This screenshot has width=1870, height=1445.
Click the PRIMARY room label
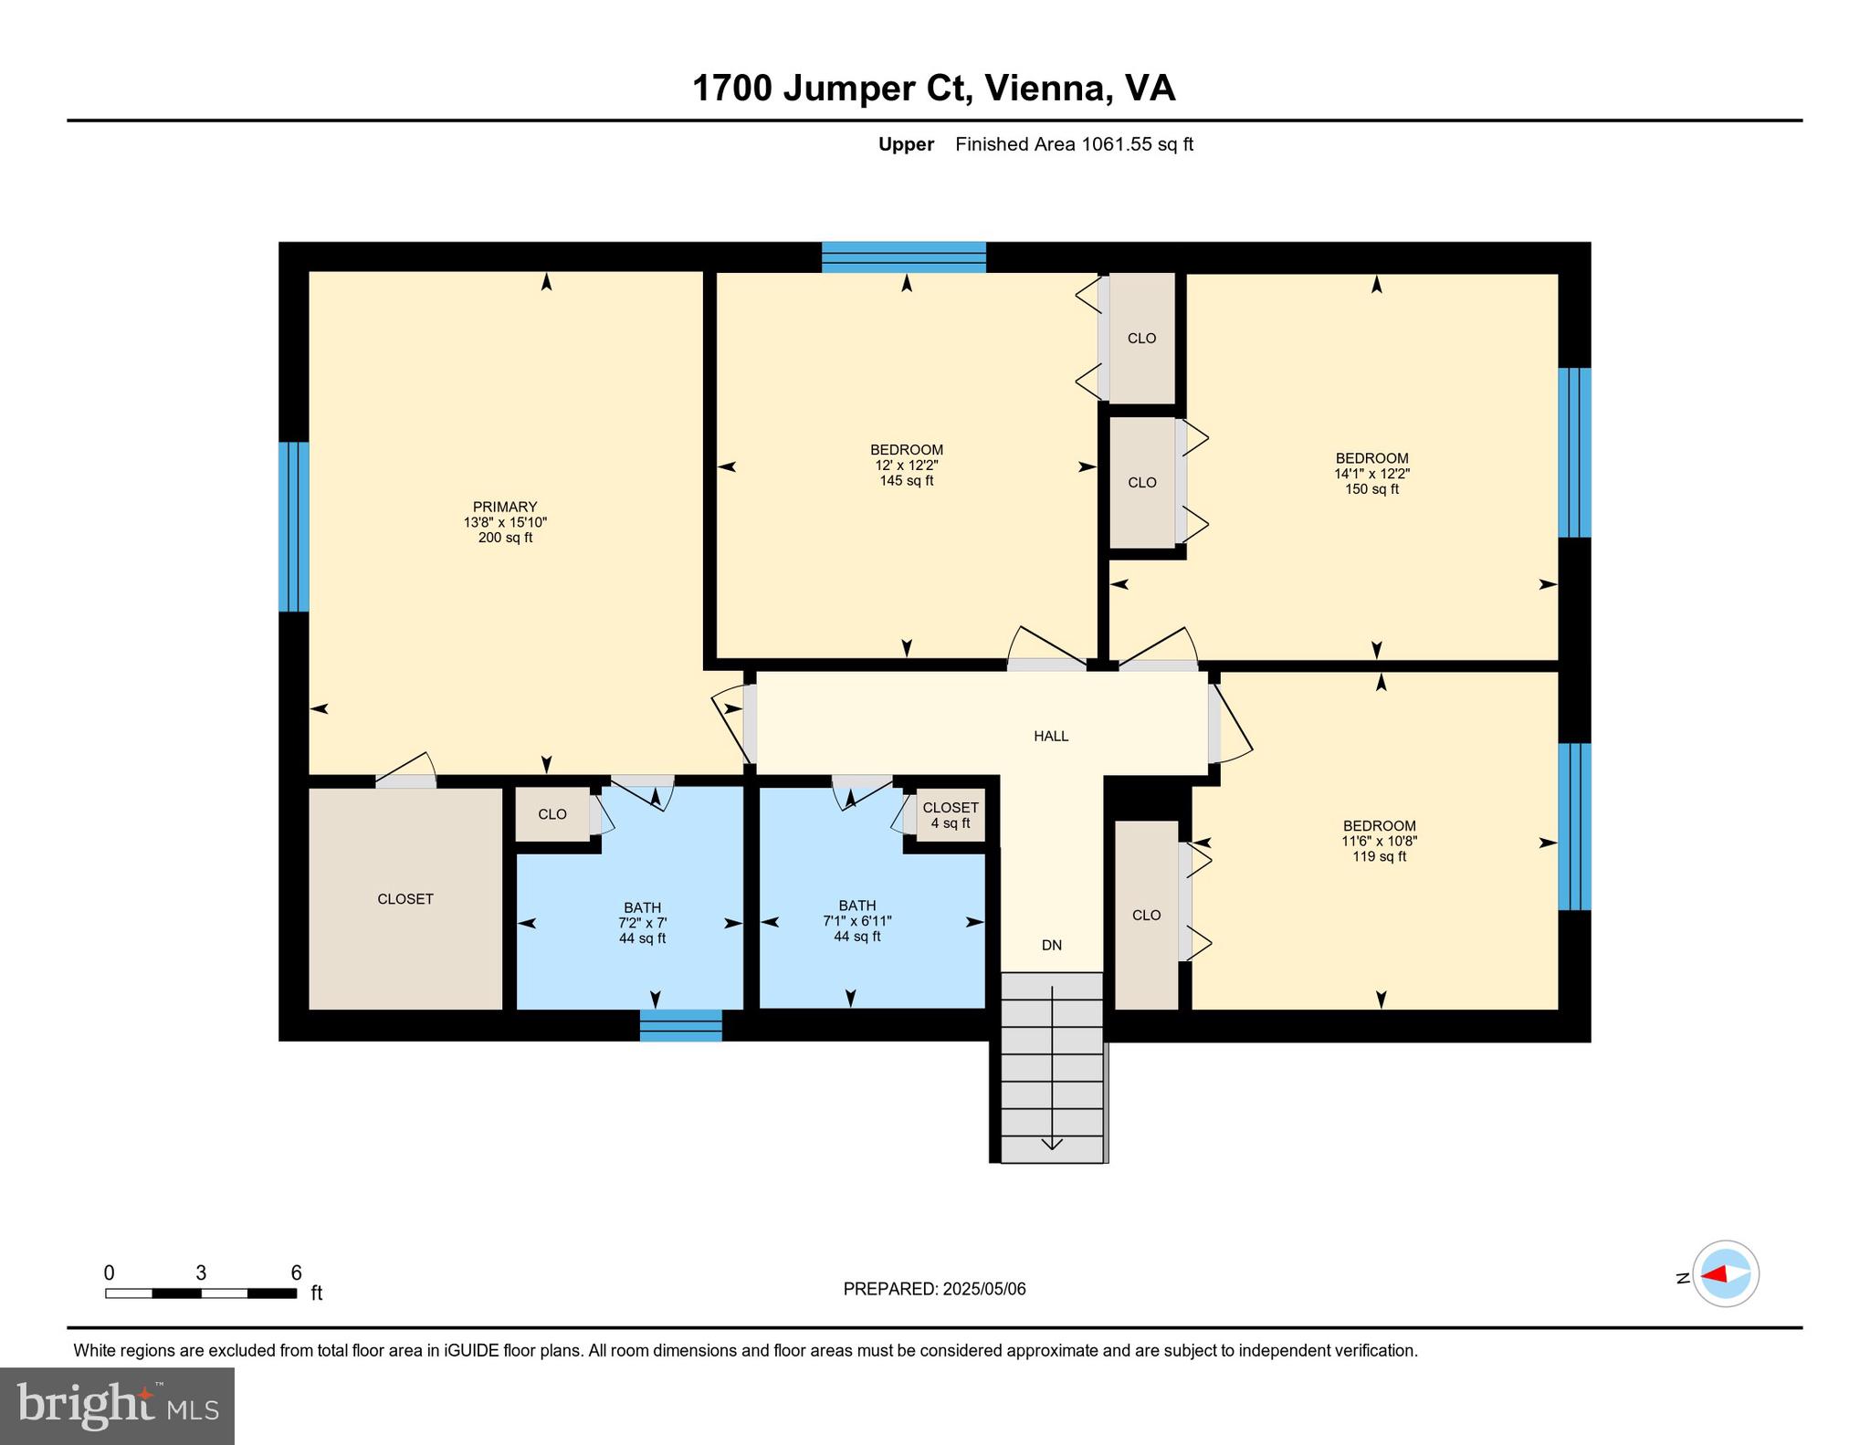coord(505,507)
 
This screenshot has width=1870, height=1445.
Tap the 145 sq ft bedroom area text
coord(906,481)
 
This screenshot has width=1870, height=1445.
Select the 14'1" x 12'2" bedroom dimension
coord(1371,474)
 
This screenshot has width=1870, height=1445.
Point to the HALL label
coord(1051,736)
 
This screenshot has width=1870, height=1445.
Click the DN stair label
coord(1052,946)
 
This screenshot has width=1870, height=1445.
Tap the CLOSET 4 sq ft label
coord(951,815)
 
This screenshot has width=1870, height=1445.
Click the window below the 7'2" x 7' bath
coord(680,1025)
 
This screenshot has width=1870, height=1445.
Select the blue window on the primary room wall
coord(293,527)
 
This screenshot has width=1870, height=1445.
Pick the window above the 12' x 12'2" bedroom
coord(903,257)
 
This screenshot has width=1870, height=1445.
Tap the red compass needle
coord(1714,1274)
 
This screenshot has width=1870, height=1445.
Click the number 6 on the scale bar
coord(296,1272)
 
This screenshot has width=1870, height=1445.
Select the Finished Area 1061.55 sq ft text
coord(1074,144)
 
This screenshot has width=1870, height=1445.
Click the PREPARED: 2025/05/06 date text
coord(934,1289)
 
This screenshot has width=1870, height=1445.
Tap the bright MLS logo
coord(117,1406)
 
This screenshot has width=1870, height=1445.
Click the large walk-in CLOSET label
coord(405,899)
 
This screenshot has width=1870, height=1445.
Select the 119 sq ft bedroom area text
coord(1379,857)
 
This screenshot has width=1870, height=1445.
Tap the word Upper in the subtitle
coord(906,144)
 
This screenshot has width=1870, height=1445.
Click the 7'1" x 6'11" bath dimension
coord(856,921)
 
